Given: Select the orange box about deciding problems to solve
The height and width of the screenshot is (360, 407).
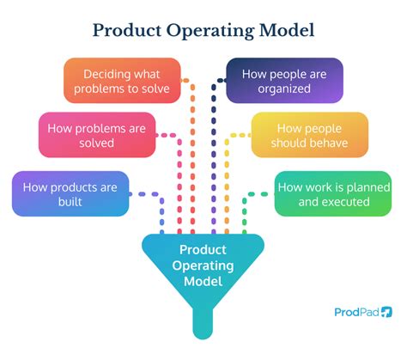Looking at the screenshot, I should (123, 81).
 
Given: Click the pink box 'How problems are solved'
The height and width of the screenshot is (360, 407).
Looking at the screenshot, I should (96, 135).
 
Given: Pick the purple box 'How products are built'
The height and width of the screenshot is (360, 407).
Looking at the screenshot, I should (70, 193).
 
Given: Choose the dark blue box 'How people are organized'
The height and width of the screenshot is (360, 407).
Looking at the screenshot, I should (284, 81).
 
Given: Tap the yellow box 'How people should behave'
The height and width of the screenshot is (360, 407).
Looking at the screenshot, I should (310, 135).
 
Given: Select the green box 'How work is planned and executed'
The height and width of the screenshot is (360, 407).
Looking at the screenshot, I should (334, 193).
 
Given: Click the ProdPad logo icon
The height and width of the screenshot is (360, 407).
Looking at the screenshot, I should (387, 312).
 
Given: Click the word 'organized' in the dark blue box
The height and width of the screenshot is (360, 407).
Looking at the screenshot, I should (284, 88).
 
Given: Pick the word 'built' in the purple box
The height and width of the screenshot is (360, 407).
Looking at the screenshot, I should (70, 202).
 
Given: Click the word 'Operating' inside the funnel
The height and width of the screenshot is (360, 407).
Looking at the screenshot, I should (203, 265).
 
